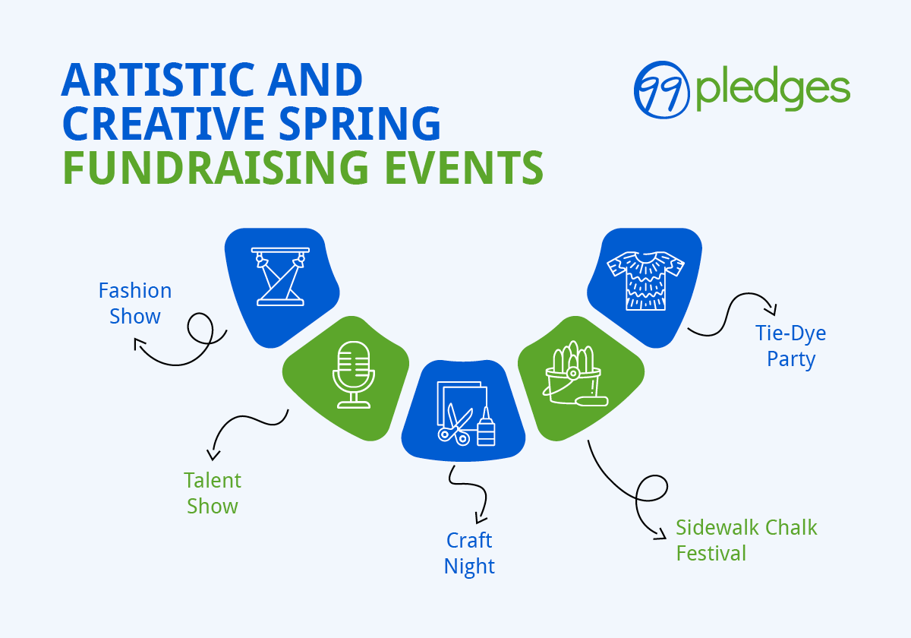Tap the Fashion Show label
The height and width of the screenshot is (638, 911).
click(x=135, y=303)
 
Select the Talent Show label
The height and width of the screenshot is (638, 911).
click(x=213, y=493)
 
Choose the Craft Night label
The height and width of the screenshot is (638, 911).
click(x=469, y=553)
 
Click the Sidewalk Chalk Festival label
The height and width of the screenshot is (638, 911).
click(x=746, y=539)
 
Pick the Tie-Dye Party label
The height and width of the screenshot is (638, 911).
click(x=791, y=346)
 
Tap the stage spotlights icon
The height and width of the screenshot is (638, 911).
click(x=281, y=276)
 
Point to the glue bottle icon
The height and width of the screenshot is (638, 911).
click(x=486, y=428)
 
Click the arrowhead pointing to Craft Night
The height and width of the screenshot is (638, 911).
click(x=478, y=519)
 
